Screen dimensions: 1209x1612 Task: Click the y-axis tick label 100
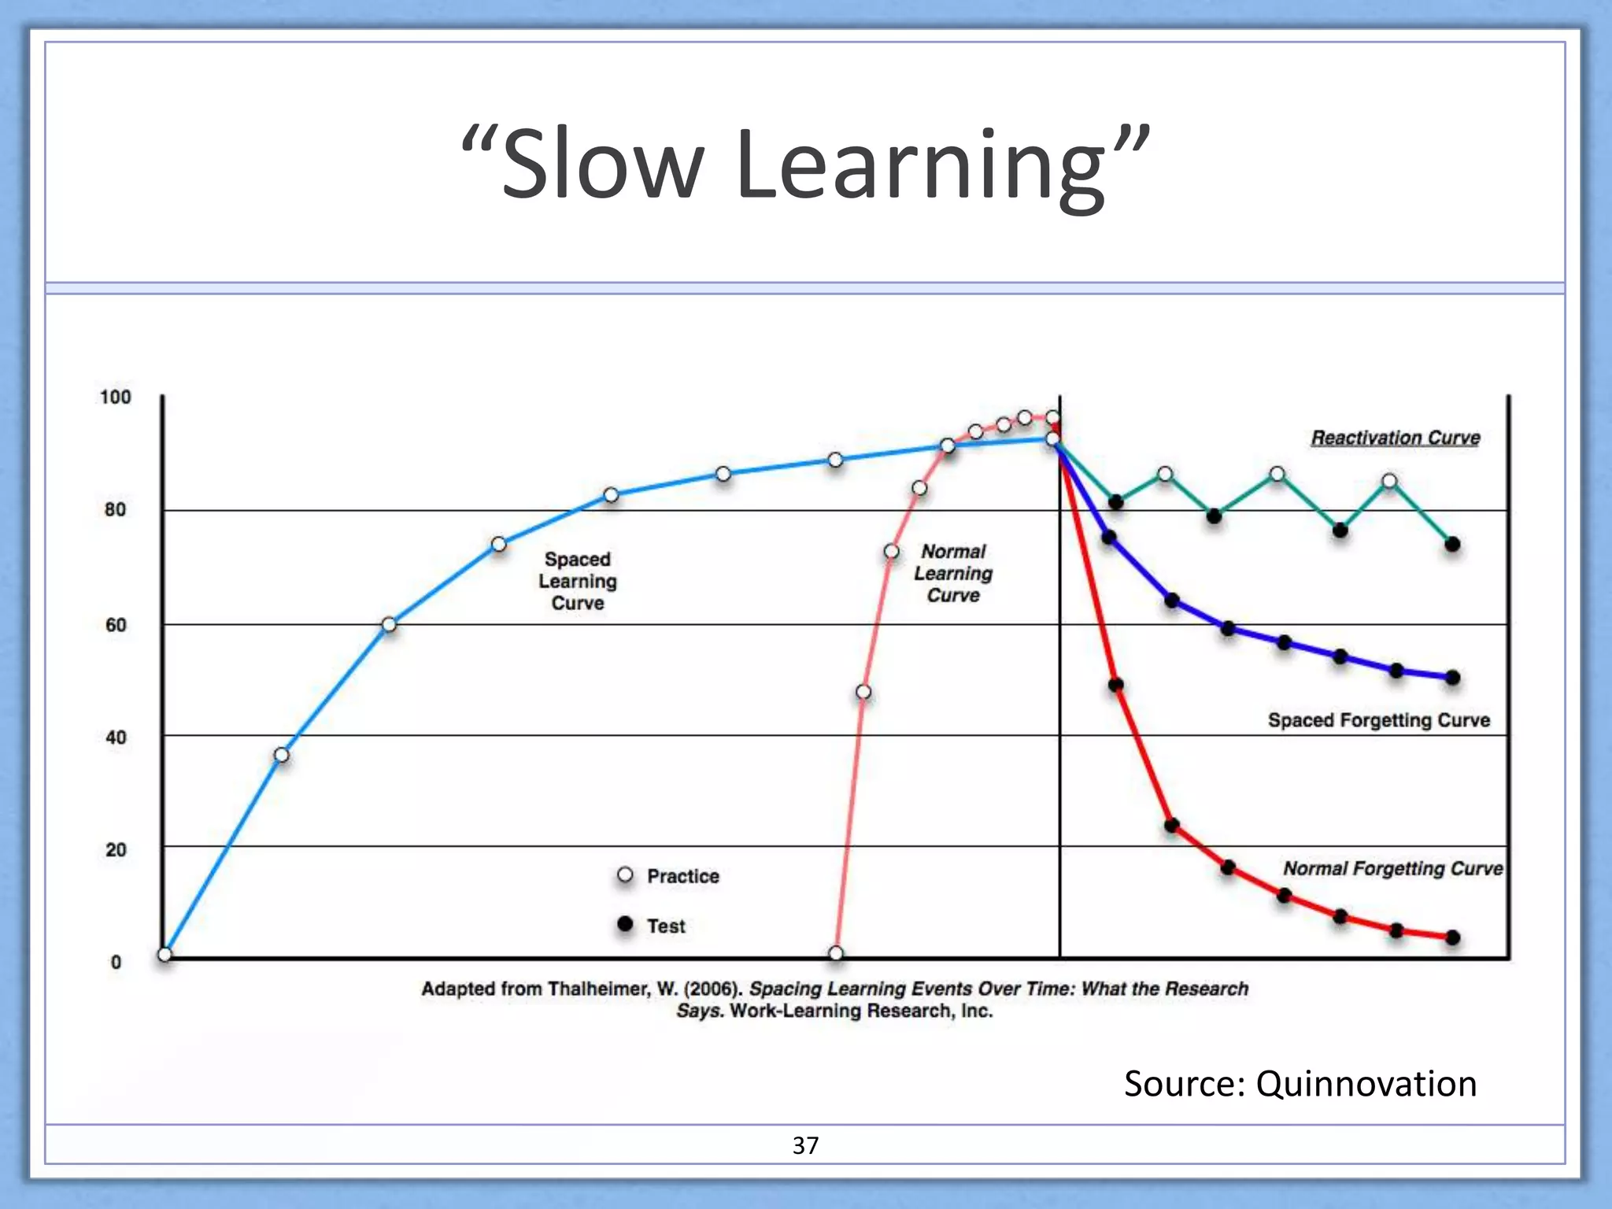point(115,397)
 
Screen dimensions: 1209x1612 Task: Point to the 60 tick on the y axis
point(116,625)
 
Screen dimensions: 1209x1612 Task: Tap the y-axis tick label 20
point(116,850)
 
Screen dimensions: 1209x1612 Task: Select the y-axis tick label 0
point(116,962)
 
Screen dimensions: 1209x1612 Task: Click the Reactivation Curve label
point(1395,438)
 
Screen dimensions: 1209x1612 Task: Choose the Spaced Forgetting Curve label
point(1378,720)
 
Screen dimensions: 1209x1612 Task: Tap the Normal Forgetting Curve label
point(1392,868)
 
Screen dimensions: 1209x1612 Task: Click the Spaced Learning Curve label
point(578,581)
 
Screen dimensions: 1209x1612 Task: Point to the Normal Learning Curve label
point(953,573)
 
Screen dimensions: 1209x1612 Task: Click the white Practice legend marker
point(626,875)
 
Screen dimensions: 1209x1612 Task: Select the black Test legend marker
point(626,924)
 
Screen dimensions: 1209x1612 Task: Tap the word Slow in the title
point(602,165)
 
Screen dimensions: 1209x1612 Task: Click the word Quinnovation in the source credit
point(1366,1084)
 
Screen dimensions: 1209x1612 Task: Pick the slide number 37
point(805,1145)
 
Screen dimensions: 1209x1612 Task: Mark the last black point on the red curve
point(1453,937)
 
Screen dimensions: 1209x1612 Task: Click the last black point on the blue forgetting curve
point(1453,678)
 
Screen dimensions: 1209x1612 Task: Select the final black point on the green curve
point(1453,544)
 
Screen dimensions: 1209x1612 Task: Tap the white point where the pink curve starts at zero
point(836,953)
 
